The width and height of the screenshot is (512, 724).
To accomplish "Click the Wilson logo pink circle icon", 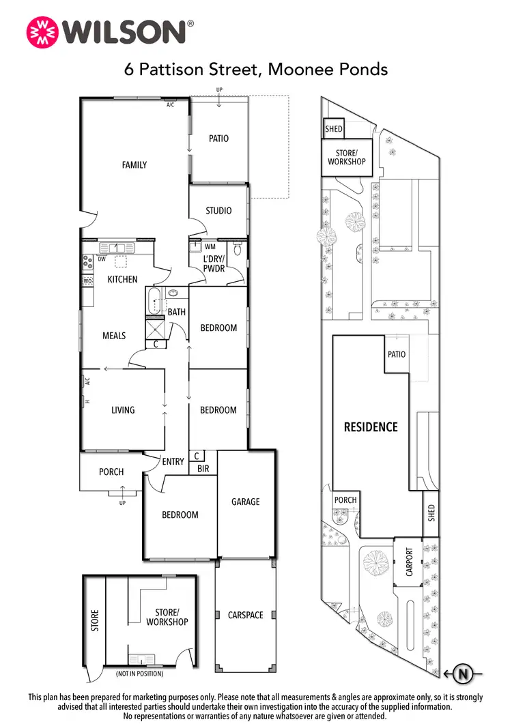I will [x=42, y=32].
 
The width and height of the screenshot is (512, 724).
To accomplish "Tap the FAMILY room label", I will [x=134, y=164].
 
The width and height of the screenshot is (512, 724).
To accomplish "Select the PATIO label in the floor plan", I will [x=218, y=139].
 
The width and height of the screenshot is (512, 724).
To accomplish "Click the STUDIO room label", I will [x=218, y=211].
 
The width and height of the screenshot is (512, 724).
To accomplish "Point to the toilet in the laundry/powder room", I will [x=237, y=250].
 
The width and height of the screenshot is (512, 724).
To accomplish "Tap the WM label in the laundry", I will [x=210, y=246].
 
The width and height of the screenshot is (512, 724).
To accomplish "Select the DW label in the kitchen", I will [x=102, y=259].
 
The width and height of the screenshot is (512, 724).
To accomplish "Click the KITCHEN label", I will [x=122, y=279].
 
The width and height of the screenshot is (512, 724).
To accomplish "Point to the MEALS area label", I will [x=114, y=336].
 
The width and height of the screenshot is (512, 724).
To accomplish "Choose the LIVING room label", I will [x=123, y=410].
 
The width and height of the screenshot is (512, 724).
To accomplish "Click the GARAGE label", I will [x=245, y=502].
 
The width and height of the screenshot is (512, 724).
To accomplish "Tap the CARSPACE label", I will [x=245, y=615].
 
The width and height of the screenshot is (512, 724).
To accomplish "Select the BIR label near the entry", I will [x=203, y=469].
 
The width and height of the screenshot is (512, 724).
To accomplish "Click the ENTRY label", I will [x=173, y=462].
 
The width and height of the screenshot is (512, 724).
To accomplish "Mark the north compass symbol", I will [x=464, y=675].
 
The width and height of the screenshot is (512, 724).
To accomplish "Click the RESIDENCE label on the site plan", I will [x=370, y=427].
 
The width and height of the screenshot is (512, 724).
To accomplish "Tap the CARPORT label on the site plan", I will [x=410, y=562].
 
